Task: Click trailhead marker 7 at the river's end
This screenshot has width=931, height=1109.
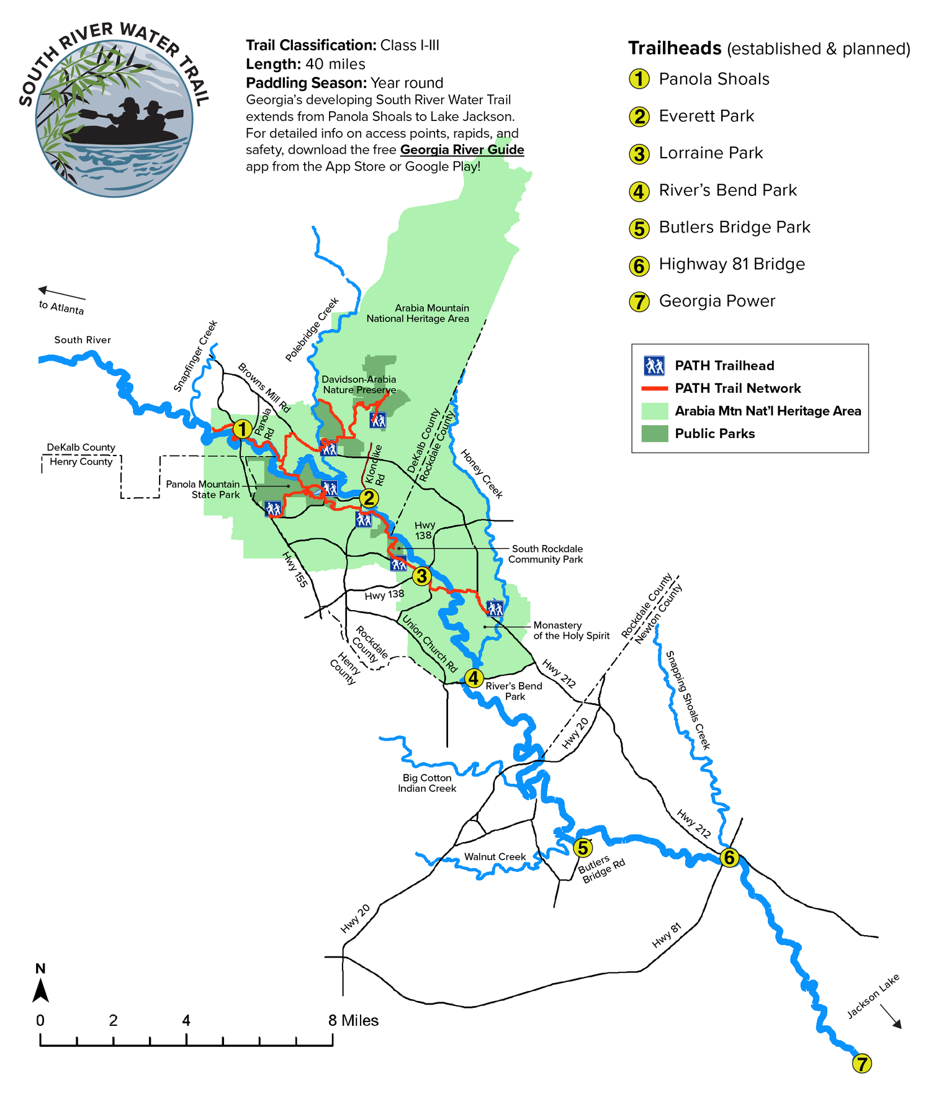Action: point(861,1063)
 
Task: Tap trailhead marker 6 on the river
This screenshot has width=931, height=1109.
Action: point(729,858)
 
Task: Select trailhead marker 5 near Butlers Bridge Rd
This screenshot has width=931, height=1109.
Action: point(582,847)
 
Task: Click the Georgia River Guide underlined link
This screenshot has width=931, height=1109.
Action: point(462,150)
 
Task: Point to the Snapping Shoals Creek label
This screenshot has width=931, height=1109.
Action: point(687,700)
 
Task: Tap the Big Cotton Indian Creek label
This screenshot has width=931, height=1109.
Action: point(427,783)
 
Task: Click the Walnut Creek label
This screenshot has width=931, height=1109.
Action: point(495,856)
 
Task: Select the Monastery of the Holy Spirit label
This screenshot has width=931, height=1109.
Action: point(571,630)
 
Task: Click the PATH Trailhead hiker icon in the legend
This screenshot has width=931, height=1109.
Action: point(654,366)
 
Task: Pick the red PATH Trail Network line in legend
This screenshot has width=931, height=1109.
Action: point(654,388)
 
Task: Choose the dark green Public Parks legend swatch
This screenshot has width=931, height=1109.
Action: point(654,433)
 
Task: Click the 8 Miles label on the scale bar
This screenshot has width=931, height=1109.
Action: point(353,1020)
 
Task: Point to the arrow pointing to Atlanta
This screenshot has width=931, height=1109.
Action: point(61,292)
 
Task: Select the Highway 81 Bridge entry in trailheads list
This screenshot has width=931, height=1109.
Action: point(731,264)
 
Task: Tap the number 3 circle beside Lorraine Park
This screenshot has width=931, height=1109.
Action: point(639,154)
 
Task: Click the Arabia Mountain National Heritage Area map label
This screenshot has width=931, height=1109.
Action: point(418,313)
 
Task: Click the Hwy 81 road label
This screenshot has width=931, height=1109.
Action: point(667,936)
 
